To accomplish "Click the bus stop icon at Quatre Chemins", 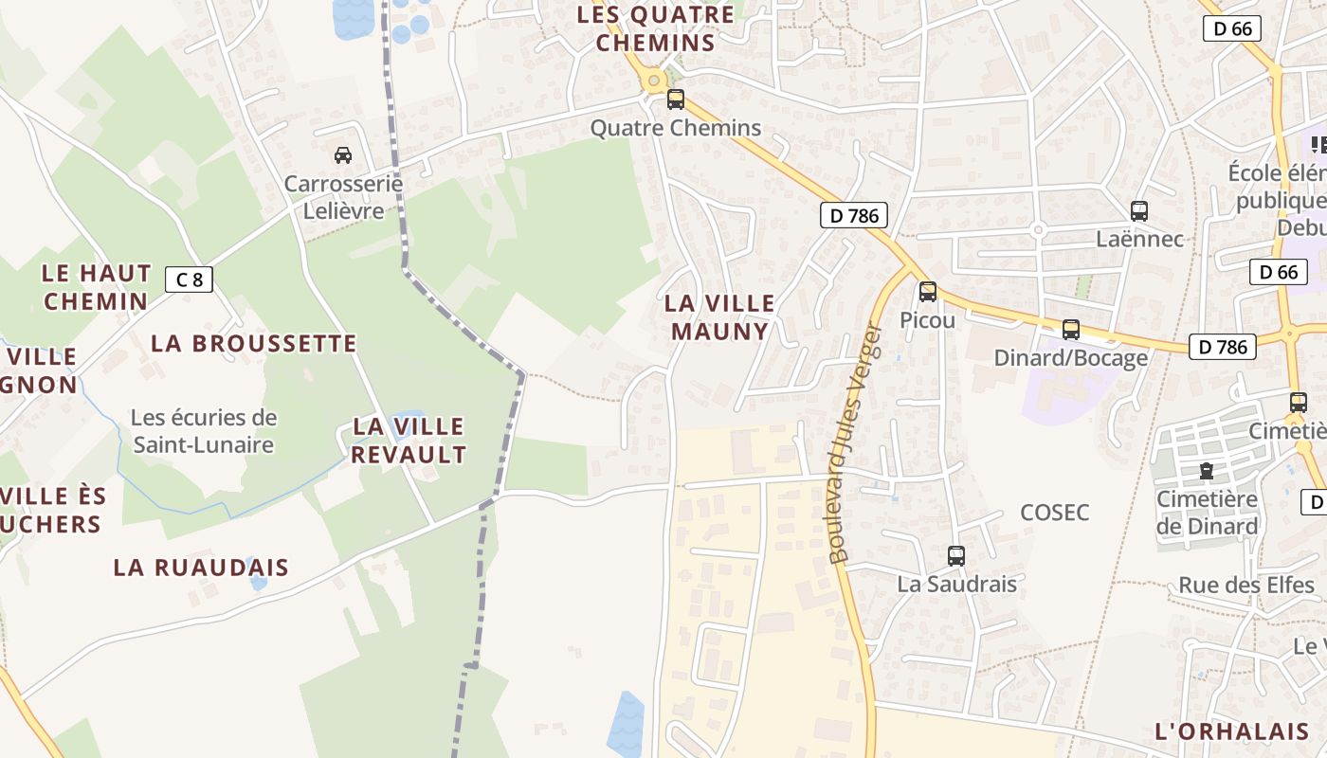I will pyautogui.click(x=675, y=99).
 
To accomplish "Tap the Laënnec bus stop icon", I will pyautogui.click(x=1139, y=211).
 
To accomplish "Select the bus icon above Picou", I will pyautogui.click(x=927, y=292).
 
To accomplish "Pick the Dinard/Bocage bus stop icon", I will pyautogui.click(x=1071, y=330).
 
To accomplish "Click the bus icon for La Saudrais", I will pyautogui.click(x=956, y=556).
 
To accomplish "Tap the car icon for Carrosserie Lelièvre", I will pyautogui.click(x=342, y=154).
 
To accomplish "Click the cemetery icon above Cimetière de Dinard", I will pyautogui.click(x=1206, y=470).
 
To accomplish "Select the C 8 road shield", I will pyautogui.click(x=189, y=280).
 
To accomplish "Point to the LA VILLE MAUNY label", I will pyautogui.click(x=719, y=317).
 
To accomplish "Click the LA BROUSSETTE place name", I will pyautogui.click(x=254, y=343).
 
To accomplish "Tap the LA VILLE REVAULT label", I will pyautogui.click(x=409, y=441).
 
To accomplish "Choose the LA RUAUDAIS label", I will pyautogui.click(x=201, y=568).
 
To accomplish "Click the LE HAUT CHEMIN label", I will pyautogui.click(x=96, y=287).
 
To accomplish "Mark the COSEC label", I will pyautogui.click(x=1054, y=513).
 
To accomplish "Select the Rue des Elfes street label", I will pyautogui.click(x=1246, y=585).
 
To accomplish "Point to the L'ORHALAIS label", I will pyautogui.click(x=1231, y=731).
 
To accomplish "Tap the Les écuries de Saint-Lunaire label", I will pyautogui.click(x=204, y=431).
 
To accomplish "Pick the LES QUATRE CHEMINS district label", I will pyautogui.click(x=655, y=28).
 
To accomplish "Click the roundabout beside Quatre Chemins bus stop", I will pyautogui.click(x=652, y=81).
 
